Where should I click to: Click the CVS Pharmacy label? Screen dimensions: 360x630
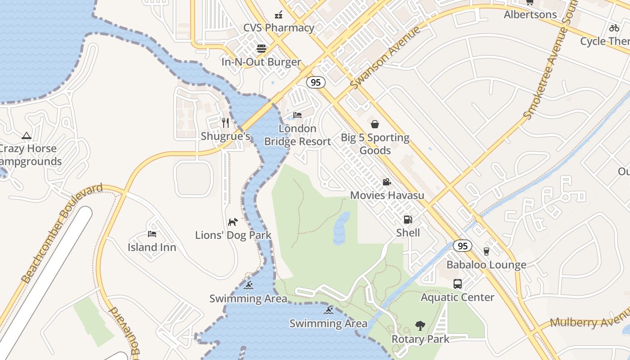click(x=279, y=28)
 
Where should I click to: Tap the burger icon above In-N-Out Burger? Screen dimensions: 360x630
click(x=261, y=48)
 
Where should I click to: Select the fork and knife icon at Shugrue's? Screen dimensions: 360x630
click(x=225, y=122)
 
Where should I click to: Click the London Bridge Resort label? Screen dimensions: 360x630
click(x=297, y=135)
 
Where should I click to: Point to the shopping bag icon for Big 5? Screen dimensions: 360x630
click(x=374, y=124)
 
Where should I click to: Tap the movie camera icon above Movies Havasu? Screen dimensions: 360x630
click(x=387, y=182)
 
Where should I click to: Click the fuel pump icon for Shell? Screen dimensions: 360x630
click(x=408, y=220)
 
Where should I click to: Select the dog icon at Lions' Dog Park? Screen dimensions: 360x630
click(x=233, y=221)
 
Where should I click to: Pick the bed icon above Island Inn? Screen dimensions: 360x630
click(x=152, y=234)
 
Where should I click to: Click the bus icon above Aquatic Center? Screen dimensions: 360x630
click(x=457, y=284)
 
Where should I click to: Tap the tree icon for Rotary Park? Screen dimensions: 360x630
click(x=420, y=326)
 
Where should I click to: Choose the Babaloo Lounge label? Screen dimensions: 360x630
click(x=486, y=265)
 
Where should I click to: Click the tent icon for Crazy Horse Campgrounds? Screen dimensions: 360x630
click(x=27, y=135)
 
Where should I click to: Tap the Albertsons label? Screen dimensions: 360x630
click(x=530, y=14)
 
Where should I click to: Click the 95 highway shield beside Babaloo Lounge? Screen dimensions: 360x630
click(x=463, y=246)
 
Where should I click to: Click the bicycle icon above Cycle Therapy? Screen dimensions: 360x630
click(x=614, y=28)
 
